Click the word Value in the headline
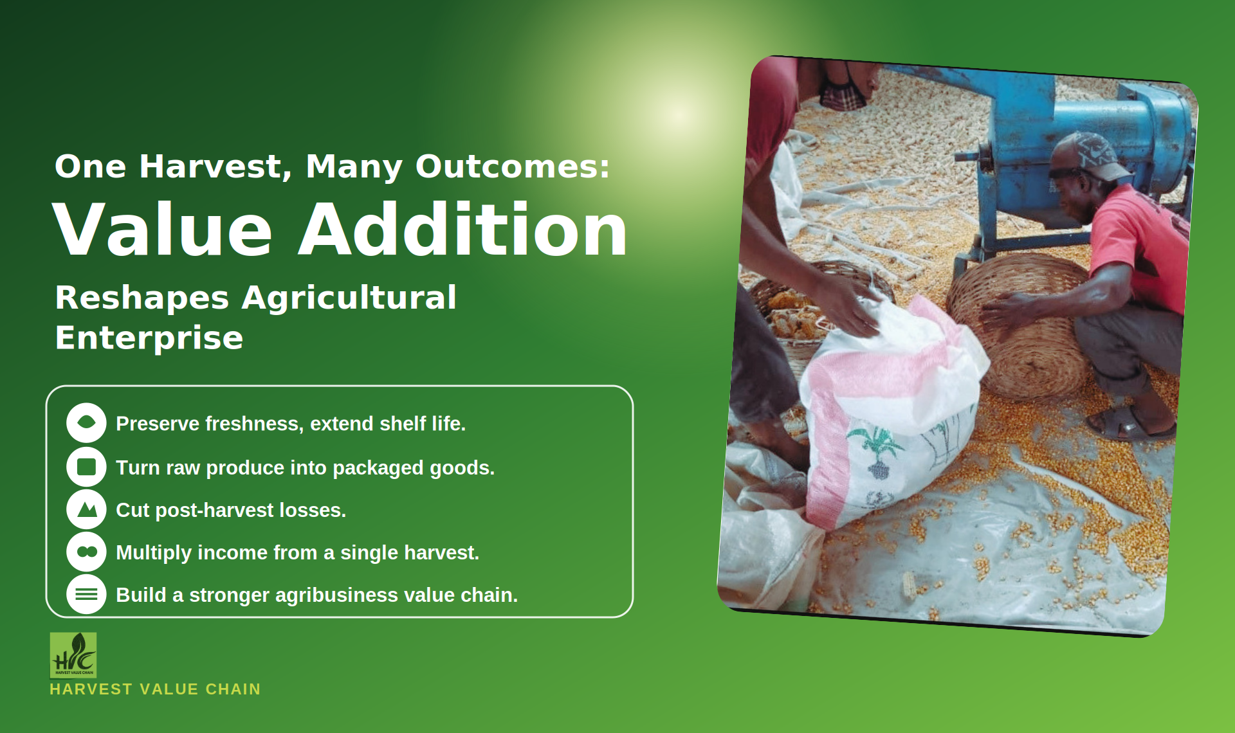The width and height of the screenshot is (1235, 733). pos(163,229)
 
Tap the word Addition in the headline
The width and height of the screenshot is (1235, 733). pos(463,229)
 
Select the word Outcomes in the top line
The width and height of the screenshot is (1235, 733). pos(513,167)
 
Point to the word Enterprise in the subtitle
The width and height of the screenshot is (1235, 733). pos(149,338)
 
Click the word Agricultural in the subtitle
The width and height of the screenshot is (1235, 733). pos(349,297)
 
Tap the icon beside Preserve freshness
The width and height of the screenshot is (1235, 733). pos(86,422)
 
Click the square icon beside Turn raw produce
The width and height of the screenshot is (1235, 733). pos(86,466)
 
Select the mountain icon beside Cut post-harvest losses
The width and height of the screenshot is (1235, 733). pos(86,509)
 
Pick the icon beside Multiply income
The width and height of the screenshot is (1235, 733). pos(86,552)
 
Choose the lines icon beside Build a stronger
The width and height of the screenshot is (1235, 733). pos(86,594)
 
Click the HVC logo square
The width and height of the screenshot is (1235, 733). pos(73,655)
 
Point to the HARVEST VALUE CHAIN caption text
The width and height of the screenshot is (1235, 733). pos(155,689)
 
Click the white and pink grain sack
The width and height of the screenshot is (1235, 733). pos(894,412)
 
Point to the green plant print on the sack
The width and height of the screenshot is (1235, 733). pos(875,444)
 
